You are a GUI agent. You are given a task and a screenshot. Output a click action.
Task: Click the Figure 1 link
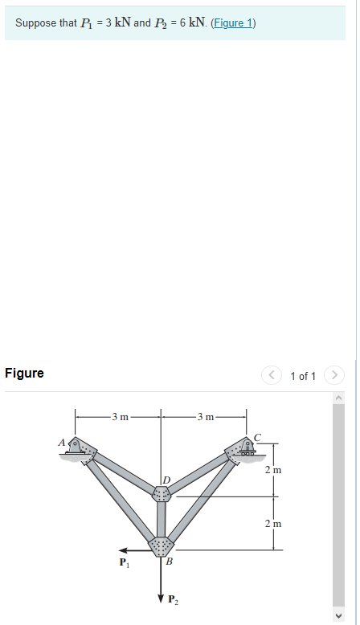pyautogui.click(x=233, y=23)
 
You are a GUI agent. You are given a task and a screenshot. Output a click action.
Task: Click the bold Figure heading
pyautogui.click(x=24, y=373)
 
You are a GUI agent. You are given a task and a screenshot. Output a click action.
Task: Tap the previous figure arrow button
pyautogui.click(x=272, y=375)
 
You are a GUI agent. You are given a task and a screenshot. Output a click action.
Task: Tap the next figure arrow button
pyautogui.click(x=334, y=375)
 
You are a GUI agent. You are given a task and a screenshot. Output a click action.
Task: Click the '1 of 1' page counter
pyautogui.click(x=303, y=376)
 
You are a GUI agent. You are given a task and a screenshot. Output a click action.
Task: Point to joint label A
pyautogui.click(x=61, y=442)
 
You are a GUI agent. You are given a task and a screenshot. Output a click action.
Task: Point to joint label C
pyautogui.click(x=257, y=437)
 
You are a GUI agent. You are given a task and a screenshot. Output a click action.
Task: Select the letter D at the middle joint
pyautogui.click(x=166, y=479)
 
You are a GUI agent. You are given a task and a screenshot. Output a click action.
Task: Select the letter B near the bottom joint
pyautogui.click(x=169, y=562)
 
